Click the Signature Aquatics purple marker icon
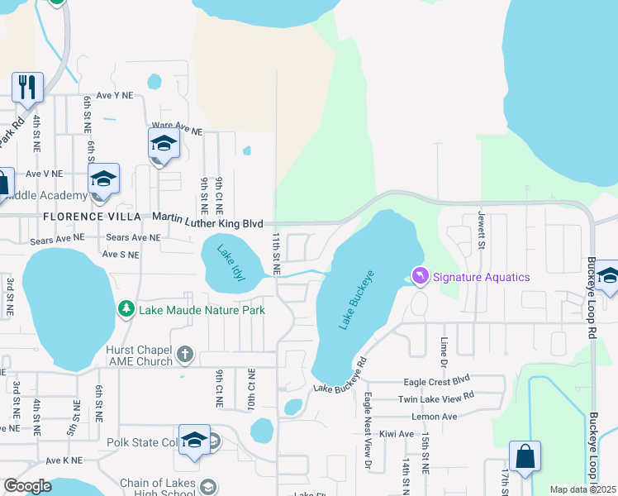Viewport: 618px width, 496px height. (421, 275)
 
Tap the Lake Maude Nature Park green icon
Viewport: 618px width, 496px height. (126, 309)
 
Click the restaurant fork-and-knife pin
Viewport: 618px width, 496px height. (27, 87)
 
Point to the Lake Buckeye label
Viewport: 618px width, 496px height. (357, 299)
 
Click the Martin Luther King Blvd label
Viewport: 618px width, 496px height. (208, 222)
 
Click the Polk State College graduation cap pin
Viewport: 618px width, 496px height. (194, 441)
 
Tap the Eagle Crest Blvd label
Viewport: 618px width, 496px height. (436, 381)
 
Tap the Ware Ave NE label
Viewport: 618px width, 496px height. (177, 131)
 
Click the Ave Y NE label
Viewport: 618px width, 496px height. (114, 95)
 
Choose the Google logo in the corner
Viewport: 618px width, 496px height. (28, 486)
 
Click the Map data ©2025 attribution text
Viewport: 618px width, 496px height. (582, 490)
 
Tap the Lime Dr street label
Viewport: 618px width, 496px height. (444, 346)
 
